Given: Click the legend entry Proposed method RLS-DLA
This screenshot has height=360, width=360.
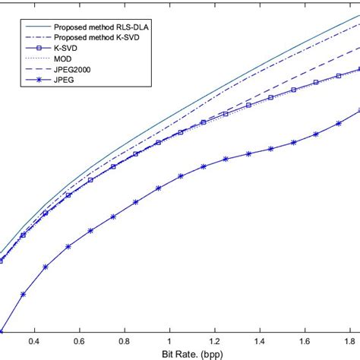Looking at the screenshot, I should click(99, 25).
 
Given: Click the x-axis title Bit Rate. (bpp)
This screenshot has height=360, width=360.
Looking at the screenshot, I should click(180, 353).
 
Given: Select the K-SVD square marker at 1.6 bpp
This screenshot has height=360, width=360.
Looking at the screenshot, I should click(316, 83).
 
